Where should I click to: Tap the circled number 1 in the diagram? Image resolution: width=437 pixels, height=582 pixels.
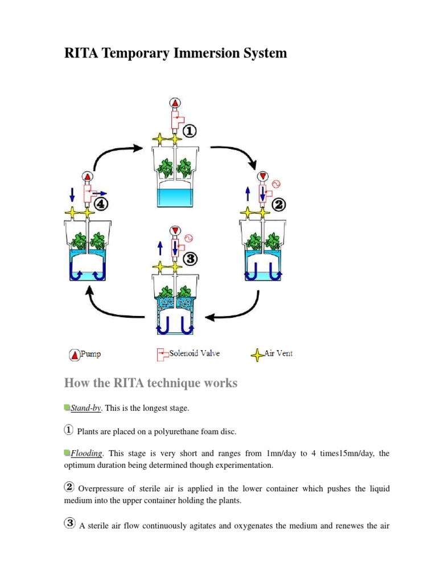pos(189,131)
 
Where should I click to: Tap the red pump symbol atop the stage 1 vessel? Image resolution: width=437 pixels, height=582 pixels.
pos(175,103)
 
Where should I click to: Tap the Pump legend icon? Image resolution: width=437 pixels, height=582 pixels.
pos(75,355)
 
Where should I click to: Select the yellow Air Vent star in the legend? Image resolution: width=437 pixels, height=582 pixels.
pos(257,355)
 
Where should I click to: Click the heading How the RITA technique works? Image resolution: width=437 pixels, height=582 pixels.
pos(151,383)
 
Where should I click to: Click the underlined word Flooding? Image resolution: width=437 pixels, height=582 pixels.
pos(86,454)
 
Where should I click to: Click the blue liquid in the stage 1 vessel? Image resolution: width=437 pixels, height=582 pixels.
pos(175,198)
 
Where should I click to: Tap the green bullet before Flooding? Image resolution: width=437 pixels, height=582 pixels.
pos(67,453)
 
